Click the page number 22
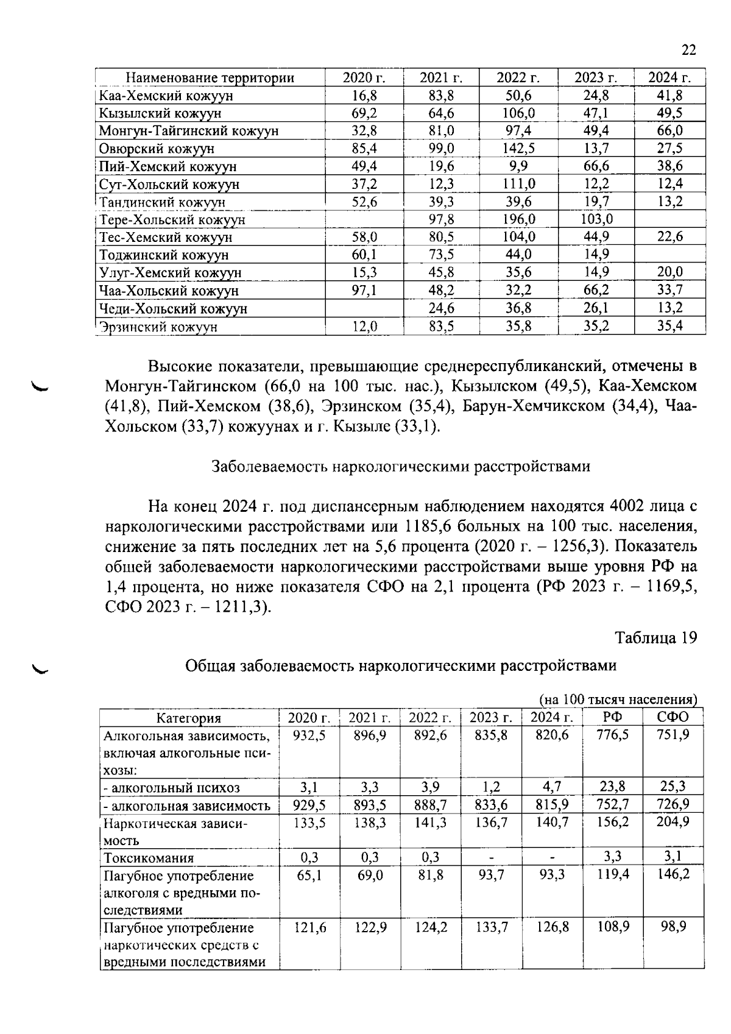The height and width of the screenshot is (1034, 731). tap(688, 50)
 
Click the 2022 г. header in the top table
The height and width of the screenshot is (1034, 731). tap(518, 78)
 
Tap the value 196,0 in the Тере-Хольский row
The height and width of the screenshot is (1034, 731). tap(518, 219)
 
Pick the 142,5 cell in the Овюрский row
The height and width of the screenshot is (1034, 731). tap(518, 149)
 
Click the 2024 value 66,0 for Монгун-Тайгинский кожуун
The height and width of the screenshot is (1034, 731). tap(669, 131)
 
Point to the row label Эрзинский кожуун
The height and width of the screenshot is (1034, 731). tap(158, 327)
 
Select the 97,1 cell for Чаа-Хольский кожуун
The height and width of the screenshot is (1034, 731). tap(364, 291)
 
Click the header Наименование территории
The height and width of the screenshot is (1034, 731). tap(210, 78)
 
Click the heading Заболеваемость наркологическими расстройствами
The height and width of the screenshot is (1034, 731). tap(400, 467)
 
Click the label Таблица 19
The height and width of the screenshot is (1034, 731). tap(655, 638)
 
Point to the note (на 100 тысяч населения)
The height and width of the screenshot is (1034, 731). tap(618, 699)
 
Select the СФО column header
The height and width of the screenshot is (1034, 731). tap(673, 717)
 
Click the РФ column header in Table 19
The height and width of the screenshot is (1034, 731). tap(612, 717)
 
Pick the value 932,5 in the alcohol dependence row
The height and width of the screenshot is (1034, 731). tap(309, 735)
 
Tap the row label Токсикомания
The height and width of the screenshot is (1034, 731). tap(149, 859)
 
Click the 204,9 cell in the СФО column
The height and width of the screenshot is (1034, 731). tap(673, 822)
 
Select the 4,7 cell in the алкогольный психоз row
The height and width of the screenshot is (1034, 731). tap(552, 787)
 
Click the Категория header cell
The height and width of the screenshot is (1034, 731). tap(189, 718)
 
